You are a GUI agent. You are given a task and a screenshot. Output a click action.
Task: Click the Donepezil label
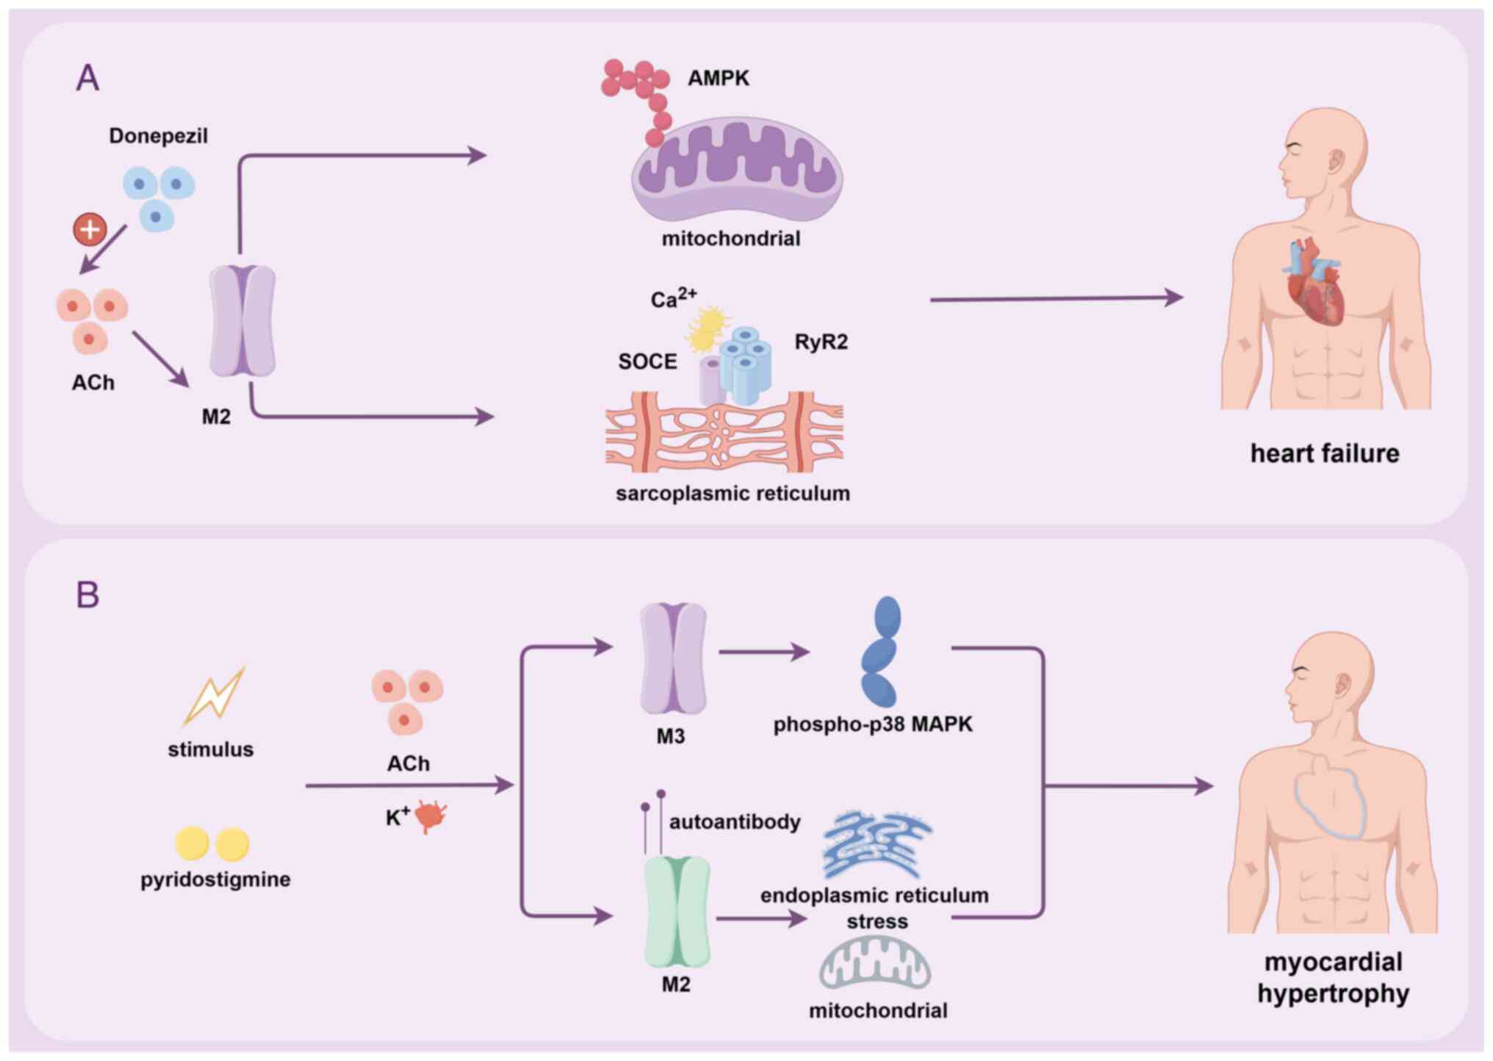point(158,136)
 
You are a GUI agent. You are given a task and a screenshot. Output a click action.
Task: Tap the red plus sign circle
point(90,229)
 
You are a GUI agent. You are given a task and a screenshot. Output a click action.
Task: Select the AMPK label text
point(718,78)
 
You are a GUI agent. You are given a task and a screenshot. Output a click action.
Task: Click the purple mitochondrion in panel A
point(737,173)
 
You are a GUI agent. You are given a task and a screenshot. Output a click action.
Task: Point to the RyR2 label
point(821,342)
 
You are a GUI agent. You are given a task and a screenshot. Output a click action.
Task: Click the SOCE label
point(647,362)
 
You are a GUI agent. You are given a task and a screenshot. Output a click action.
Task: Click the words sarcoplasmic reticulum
point(733,493)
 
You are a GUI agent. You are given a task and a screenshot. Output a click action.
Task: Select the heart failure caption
point(1324,453)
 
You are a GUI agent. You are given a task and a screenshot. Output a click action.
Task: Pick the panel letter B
point(87,594)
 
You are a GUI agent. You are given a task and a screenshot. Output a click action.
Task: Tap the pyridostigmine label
point(215,879)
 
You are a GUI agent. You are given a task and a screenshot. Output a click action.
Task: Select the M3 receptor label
point(670,736)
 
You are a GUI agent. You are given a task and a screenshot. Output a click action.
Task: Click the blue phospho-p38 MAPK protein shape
point(880,651)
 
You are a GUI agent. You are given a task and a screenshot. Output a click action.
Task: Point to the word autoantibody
point(735,821)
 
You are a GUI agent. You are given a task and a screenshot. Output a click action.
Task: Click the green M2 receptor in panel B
point(677,912)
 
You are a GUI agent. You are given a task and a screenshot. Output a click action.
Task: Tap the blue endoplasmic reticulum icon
point(876,845)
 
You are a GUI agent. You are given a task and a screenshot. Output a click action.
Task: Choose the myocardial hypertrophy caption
point(1333,977)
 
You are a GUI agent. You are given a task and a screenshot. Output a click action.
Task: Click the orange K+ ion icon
point(431,816)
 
